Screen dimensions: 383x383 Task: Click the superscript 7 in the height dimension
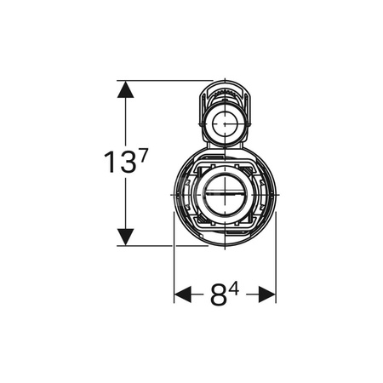[143, 156]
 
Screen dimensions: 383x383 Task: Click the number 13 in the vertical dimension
[119, 162]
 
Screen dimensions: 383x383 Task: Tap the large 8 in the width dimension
[219, 294]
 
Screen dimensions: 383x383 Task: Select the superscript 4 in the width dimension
[234, 289]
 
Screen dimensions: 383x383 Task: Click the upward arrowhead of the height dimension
[125, 89]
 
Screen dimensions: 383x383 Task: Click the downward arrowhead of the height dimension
[125, 237]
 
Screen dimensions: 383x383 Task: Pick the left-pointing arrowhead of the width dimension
[183, 294]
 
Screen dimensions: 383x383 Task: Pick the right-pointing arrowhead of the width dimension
[267, 294]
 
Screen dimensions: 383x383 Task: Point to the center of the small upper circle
[225, 124]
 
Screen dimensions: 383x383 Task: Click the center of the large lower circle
[225, 195]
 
